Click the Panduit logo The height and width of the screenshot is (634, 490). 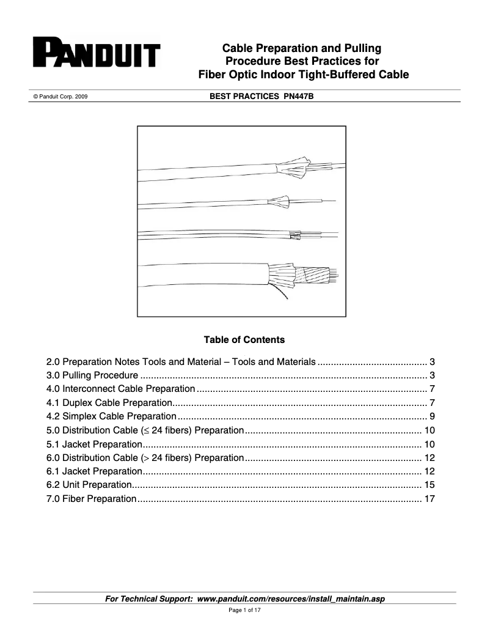96,53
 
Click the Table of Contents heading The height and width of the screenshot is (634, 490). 244,339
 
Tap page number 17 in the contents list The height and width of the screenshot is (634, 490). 429,499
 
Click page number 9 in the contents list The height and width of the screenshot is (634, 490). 431,417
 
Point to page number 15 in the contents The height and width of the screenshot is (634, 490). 429,485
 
